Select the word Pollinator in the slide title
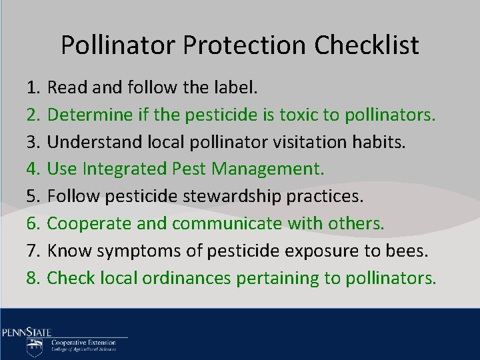118,45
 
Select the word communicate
227,223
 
